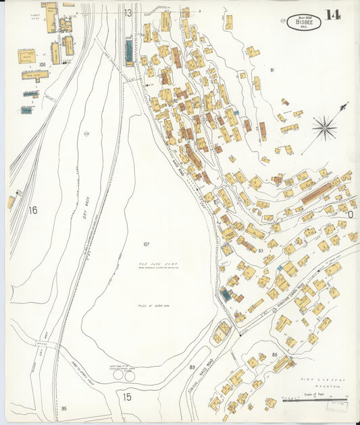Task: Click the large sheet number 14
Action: coord(332,16)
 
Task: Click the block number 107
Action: coord(146,243)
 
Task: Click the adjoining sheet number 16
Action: coord(32,211)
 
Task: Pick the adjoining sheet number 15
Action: coord(127,397)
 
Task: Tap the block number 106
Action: coord(42,65)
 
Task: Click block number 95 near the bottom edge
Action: coord(64,409)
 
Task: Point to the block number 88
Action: coord(275,354)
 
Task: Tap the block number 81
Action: coord(272,70)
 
